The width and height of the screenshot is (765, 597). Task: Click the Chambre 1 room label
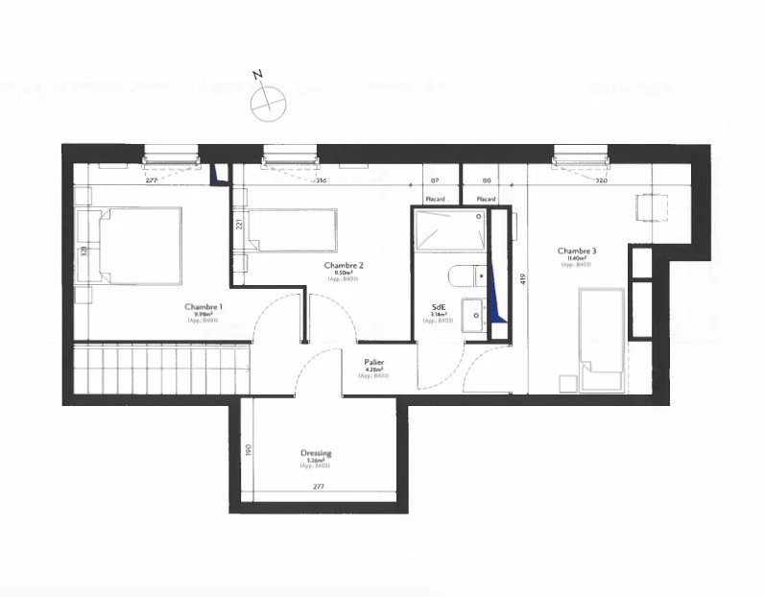point(204,307)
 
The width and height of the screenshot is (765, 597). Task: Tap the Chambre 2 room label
point(343,265)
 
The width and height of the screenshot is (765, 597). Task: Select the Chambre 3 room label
point(576,251)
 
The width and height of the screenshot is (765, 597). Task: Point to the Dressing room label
point(316,453)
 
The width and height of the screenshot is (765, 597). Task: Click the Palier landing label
point(374,363)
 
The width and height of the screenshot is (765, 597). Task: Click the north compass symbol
point(267,100)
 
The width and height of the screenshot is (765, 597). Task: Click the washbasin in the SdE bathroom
point(470,314)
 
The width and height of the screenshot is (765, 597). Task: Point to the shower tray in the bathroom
point(449,231)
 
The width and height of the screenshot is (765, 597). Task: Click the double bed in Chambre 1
point(134,246)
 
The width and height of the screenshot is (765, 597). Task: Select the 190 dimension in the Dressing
point(248,449)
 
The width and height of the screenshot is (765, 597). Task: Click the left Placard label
point(435,199)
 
